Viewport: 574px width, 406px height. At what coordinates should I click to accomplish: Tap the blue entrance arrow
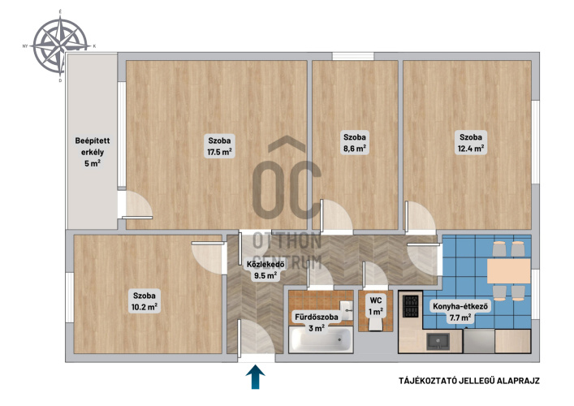(255, 377)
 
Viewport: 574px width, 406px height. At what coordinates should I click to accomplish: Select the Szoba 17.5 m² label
(219, 146)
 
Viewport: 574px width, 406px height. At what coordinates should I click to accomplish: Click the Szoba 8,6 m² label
(354, 143)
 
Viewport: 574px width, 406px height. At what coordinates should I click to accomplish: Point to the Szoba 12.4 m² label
(471, 143)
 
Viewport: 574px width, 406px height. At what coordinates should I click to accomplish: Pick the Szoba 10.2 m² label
(145, 301)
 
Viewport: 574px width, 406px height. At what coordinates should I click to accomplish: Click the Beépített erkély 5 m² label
(93, 152)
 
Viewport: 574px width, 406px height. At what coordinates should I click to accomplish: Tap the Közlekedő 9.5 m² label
(265, 270)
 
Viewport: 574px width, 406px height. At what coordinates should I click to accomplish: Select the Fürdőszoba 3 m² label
(317, 322)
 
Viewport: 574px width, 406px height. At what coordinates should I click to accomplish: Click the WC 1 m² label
(376, 306)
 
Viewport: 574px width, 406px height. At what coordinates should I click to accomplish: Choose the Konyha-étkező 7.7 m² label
(460, 312)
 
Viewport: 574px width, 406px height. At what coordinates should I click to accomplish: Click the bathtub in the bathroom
(321, 340)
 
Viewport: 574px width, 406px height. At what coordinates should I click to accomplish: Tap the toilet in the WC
(376, 324)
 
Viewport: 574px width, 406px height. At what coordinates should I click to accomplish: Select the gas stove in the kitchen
(410, 306)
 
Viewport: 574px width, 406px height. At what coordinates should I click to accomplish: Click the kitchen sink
(438, 341)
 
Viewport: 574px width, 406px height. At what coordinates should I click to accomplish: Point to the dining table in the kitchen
(508, 271)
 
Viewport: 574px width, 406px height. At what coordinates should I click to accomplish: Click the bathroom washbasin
(346, 310)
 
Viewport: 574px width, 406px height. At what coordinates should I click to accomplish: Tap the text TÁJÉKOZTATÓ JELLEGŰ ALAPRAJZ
(469, 381)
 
